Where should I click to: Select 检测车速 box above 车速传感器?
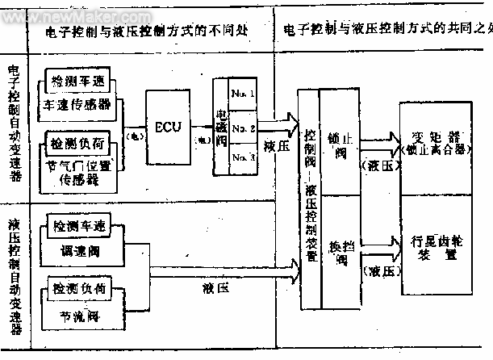point(78,84)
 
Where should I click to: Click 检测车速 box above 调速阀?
point(77,221)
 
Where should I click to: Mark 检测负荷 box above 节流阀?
point(77,287)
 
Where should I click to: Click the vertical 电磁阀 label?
point(221,128)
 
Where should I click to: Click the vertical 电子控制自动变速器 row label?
point(14,126)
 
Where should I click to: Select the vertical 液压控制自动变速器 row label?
point(14,274)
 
